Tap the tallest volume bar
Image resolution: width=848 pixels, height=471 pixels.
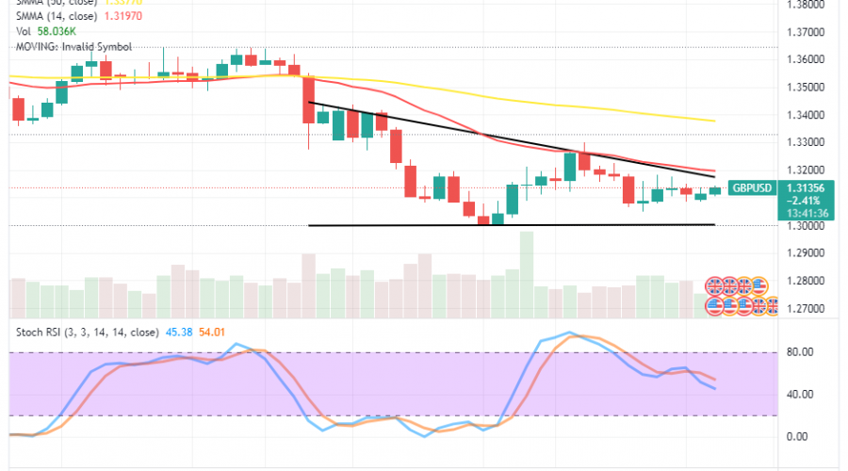tap(526, 267)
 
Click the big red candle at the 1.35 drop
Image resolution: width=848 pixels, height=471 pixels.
tap(307, 100)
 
